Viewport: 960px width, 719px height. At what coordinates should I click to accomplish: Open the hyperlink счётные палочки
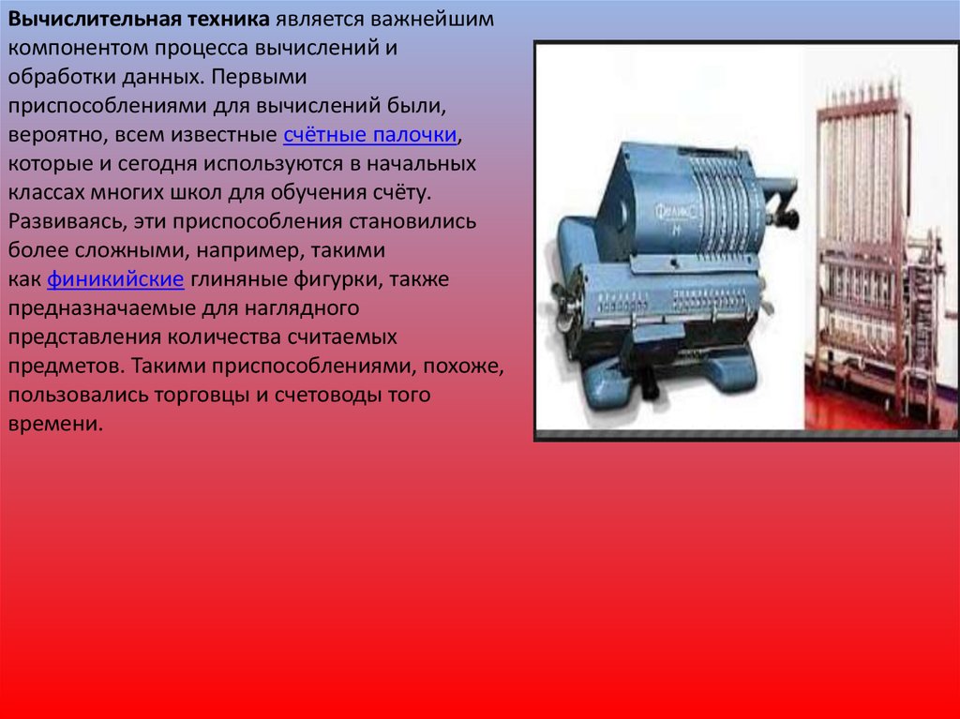tap(369, 135)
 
